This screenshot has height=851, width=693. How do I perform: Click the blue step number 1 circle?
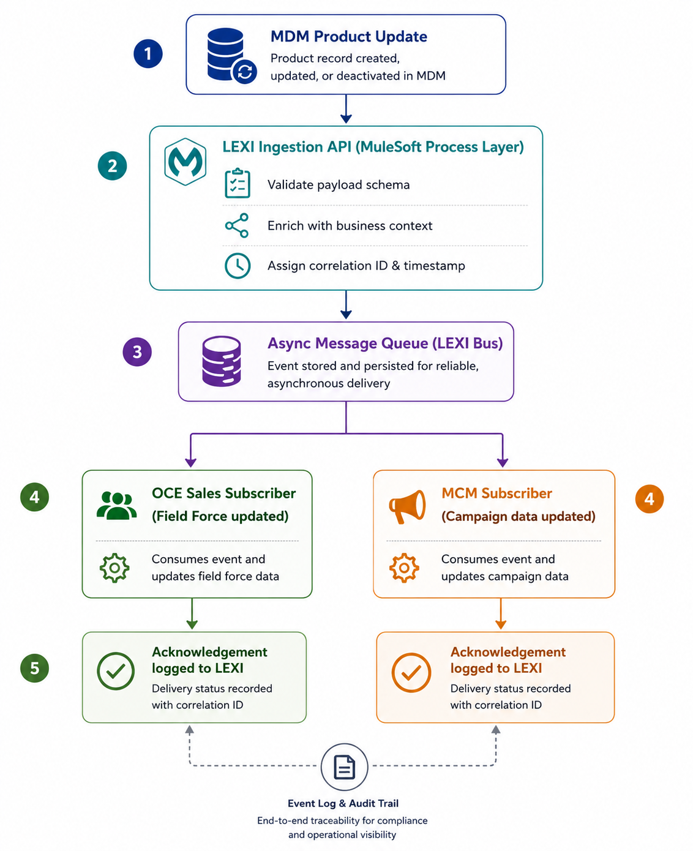point(148,53)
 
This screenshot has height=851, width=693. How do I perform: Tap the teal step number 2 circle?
point(112,166)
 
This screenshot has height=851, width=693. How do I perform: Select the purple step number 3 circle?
point(137,352)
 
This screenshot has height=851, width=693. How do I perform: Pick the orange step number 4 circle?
point(649,498)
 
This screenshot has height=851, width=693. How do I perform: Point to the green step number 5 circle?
point(35,668)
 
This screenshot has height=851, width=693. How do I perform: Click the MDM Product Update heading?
point(349,36)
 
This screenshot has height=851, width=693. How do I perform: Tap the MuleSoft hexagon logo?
point(185,162)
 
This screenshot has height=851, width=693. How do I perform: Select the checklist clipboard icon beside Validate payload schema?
point(238,184)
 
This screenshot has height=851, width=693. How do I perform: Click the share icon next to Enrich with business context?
point(237,225)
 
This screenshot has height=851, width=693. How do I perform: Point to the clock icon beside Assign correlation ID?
point(238,265)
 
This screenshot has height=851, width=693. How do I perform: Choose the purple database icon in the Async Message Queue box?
point(221,361)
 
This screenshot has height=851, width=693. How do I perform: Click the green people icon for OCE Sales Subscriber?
point(117,506)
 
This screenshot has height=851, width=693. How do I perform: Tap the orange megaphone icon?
point(407,506)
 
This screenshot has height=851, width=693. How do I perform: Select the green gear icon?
point(114,568)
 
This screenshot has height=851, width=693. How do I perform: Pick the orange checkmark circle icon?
point(411,673)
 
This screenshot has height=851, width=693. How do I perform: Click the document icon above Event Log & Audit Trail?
point(344,767)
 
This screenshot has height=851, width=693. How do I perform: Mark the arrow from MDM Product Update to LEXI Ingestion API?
point(346,109)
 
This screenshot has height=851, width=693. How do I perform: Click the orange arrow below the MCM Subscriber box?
point(501,613)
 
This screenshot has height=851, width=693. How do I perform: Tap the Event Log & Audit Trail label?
point(343,803)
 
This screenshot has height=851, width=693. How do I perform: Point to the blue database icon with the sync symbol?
point(231,56)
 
